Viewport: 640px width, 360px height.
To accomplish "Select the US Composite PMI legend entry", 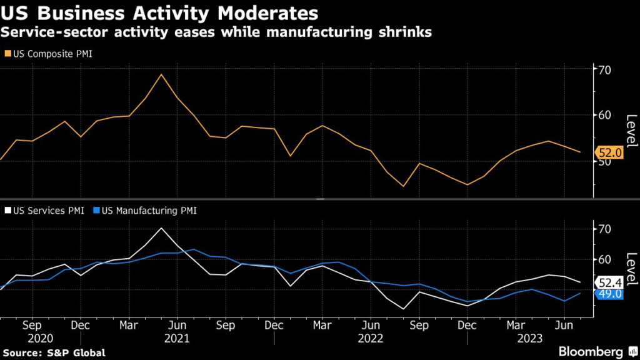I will click(51, 54).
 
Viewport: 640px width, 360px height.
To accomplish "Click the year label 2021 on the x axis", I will click(177, 338).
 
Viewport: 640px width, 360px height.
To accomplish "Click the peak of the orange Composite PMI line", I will click(161, 74).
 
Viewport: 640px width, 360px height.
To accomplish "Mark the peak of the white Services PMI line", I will click(161, 227).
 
